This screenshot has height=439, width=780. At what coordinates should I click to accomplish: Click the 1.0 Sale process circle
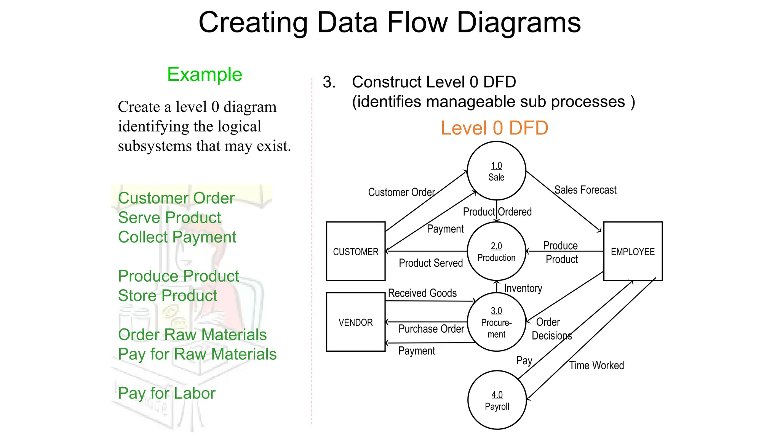click(x=496, y=171)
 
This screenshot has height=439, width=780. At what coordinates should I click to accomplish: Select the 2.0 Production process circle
click(x=496, y=252)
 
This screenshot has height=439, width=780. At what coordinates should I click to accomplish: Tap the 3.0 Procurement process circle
click(x=496, y=322)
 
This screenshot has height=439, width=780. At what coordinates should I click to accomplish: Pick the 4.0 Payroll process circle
click(x=497, y=400)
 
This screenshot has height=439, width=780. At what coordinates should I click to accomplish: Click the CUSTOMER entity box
click(x=355, y=252)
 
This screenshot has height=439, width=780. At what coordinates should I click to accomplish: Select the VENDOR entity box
click(x=355, y=322)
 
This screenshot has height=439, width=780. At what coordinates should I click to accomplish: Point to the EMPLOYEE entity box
click(x=633, y=252)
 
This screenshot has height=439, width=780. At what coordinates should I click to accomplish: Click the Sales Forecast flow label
click(x=585, y=190)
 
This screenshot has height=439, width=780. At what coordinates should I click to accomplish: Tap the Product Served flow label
click(x=430, y=263)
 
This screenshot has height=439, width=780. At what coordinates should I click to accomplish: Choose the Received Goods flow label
click(x=422, y=293)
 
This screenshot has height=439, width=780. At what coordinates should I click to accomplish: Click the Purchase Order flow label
click(x=431, y=329)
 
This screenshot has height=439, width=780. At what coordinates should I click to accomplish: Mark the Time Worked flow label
click(x=596, y=365)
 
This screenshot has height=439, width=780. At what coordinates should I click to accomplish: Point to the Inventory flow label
click(x=523, y=288)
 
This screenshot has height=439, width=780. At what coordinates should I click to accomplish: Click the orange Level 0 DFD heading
click(x=494, y=128)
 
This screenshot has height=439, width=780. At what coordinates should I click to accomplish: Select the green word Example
click(x=205, y=74)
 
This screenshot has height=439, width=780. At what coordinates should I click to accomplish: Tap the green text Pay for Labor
click(x=166, y=393)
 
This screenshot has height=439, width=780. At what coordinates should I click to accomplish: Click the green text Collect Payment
click(x=177, y=237)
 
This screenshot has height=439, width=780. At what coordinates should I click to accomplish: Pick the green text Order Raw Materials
click(x=192, y=335)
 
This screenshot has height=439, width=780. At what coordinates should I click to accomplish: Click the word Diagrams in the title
click(x=518, y=22)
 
